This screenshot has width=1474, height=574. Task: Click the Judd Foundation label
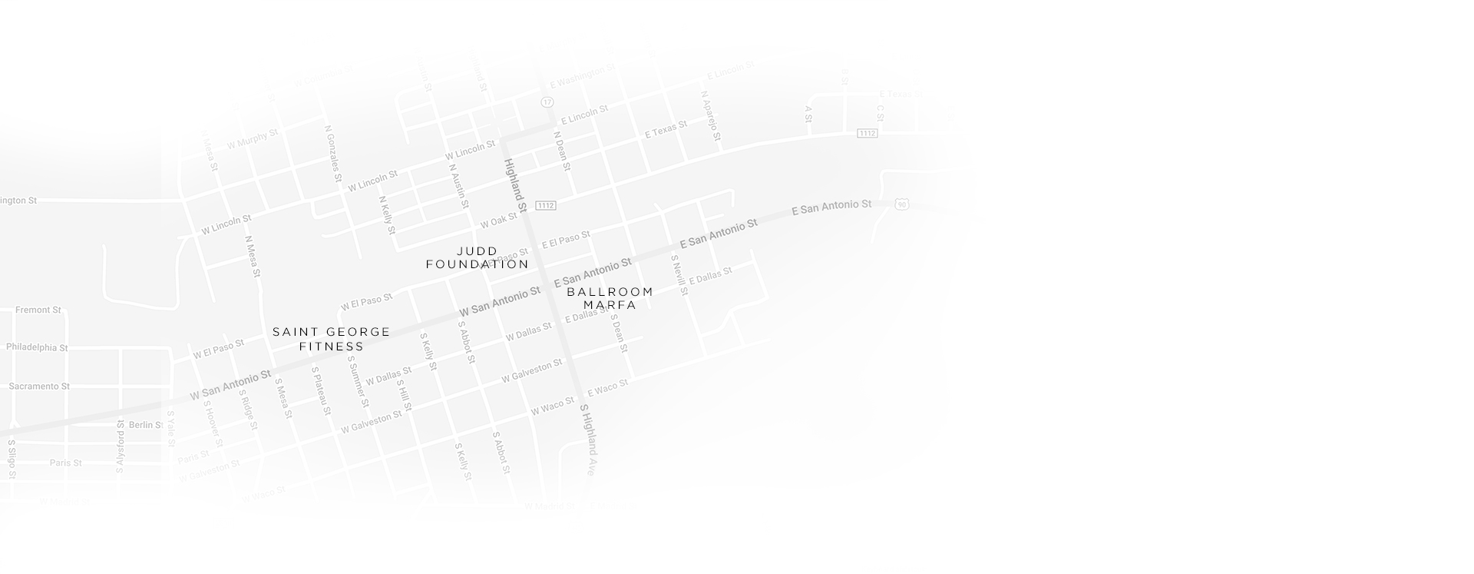[x=477, y=257]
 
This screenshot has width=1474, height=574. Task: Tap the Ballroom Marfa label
[x=610, y=298]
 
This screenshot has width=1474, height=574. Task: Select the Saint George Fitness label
[x=332, y=339]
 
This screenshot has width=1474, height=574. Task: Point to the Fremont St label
[x=38, y=310]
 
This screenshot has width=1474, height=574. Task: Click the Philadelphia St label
[x=37, y=347]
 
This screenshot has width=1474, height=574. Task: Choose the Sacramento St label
[x=39, y=387]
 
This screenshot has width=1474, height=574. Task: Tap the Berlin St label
[x=146, y=425]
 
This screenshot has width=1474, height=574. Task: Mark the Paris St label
[x=65, y=463]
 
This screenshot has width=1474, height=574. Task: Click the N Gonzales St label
[x=333, y=154]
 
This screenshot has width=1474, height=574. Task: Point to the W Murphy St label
[x=253, y=140]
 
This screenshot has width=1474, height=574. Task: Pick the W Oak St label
[x=499, y=221]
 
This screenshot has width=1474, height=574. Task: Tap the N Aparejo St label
[x=711, y=116]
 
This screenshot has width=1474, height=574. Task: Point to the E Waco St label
[x=607, y=389]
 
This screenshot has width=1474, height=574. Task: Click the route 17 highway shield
[x=547, y=102]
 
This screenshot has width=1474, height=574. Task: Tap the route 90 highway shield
[x=902, y=204]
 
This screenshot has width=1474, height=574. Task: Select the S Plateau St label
[x=322, y=391]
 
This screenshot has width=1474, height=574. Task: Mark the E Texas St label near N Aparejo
[x=666, y=129]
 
